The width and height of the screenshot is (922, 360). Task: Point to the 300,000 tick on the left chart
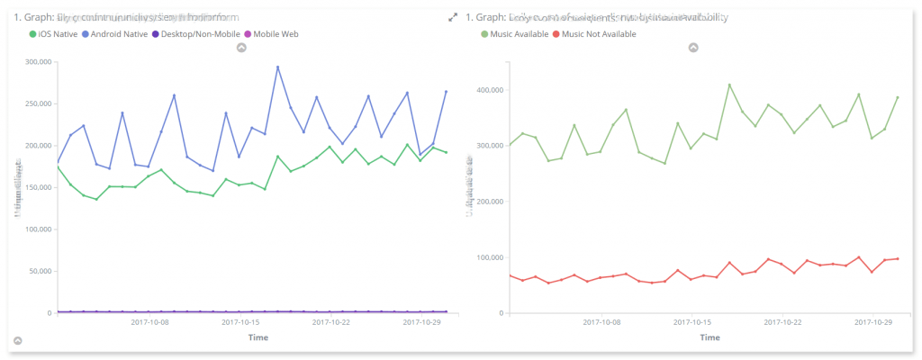35,62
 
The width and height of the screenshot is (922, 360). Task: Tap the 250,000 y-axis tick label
35,104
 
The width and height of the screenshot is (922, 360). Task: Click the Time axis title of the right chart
710,337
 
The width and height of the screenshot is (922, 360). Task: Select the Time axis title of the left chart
259,337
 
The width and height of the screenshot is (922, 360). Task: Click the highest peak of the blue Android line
277,67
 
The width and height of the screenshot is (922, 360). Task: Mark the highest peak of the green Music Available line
729,85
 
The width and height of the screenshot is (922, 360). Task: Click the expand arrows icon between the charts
453,17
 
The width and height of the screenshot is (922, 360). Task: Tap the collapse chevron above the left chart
241,48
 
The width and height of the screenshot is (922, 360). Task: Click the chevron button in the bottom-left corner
17,341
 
